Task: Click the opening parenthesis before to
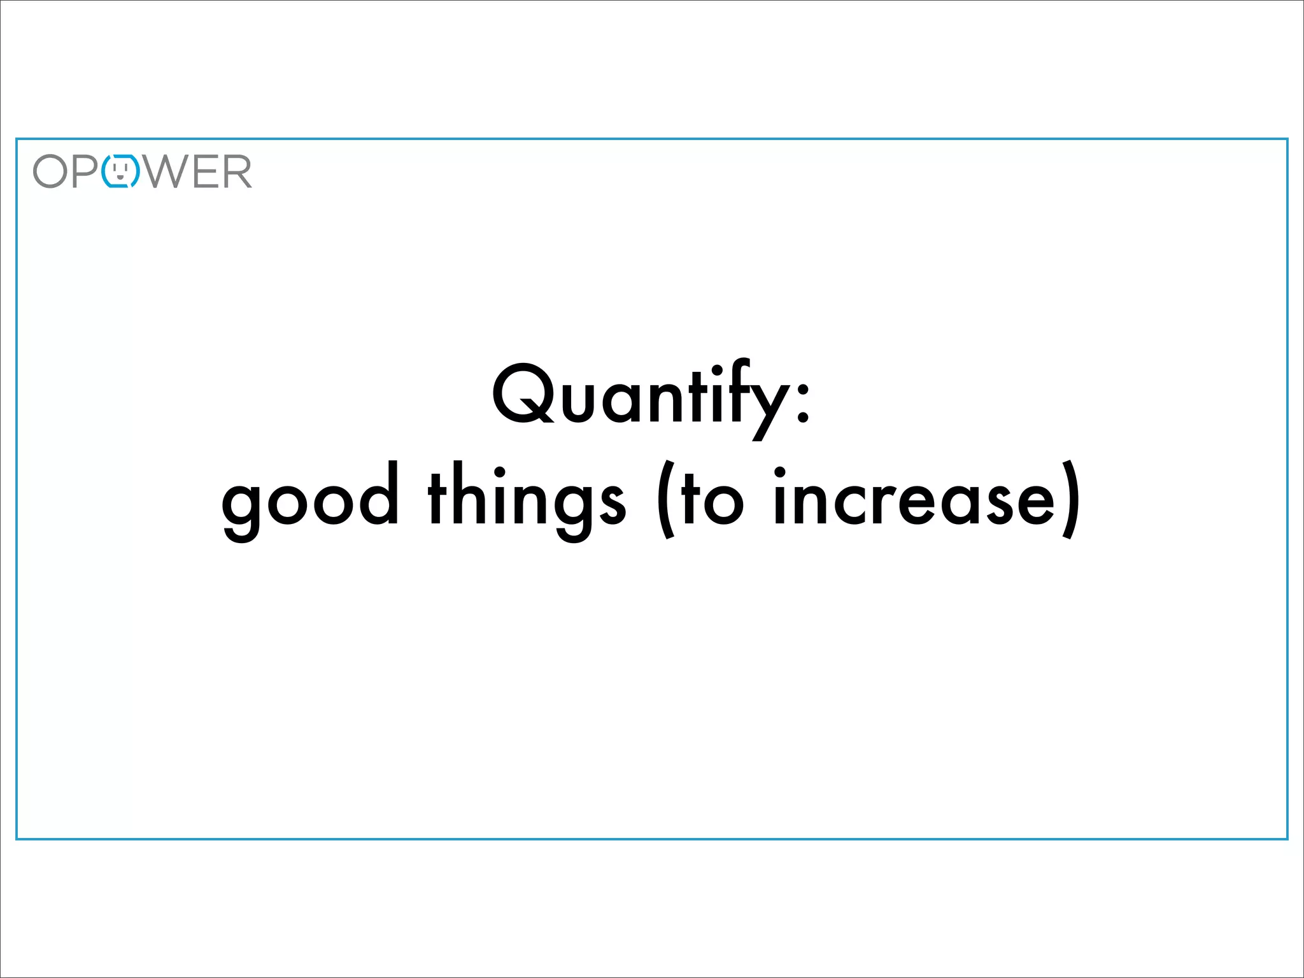665,500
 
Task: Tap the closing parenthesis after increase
1071,500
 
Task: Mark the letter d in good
379,495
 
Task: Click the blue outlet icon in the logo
120,171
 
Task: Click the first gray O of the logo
50,171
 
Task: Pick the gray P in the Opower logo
85,171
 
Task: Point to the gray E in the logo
206,171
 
